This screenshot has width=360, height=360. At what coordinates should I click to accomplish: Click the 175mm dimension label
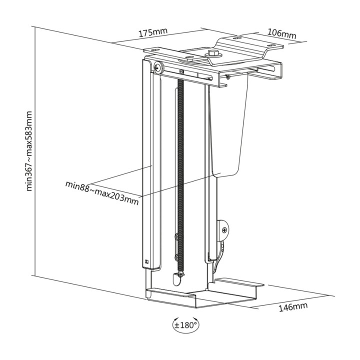point(153,32)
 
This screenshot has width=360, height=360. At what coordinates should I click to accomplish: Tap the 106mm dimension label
point(281,34)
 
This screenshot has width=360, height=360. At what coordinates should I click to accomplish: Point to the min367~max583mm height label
point(29,151)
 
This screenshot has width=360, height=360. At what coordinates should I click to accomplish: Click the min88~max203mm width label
point(102,193)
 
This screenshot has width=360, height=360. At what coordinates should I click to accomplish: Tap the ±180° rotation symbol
point(185,325)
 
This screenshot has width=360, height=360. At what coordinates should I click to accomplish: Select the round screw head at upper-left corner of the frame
point(158,67)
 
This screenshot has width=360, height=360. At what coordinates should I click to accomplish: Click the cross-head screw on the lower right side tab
point(224,229)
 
